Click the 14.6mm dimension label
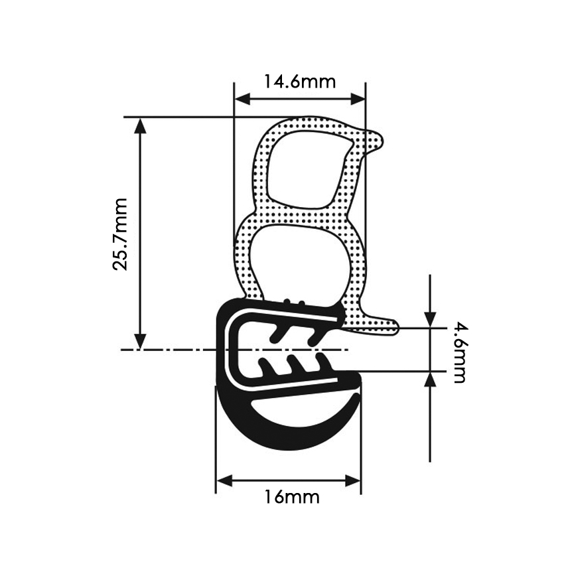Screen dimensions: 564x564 pyautogui.click(x=300, y=82)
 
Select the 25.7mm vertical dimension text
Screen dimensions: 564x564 pyautogui.click(x=120, y=234)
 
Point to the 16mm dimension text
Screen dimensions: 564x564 pyautogui.click(x=292, y=498)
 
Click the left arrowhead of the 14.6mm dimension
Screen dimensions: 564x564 pyautogui.click(x=242, y=99)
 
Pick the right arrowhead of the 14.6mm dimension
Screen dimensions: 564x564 pyautogui.click(x=358, y=99)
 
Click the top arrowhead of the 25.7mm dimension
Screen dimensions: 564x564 pyautogui.click(x=140, y=125)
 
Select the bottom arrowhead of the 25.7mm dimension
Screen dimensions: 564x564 pyautogui.click(x=140, y=341)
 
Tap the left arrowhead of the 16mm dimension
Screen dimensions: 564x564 pyautogui.click(x=224, y=480)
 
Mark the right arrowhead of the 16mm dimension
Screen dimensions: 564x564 pyautogui.click(x=352, y=480)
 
